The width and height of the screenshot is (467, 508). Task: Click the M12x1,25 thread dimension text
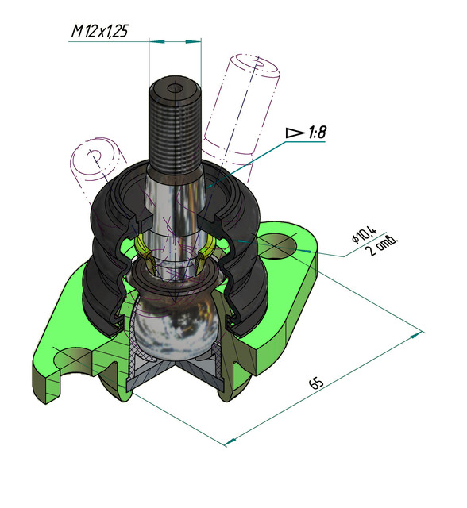(x=100, y=31)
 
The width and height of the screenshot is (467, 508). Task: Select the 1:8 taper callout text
(x=316, y=133)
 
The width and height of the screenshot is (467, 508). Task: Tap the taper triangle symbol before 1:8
(x=294, y=133)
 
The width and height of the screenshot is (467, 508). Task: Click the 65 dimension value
(x=316, y=383)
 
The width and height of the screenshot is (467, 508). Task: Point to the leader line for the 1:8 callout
(x=246, y=156)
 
